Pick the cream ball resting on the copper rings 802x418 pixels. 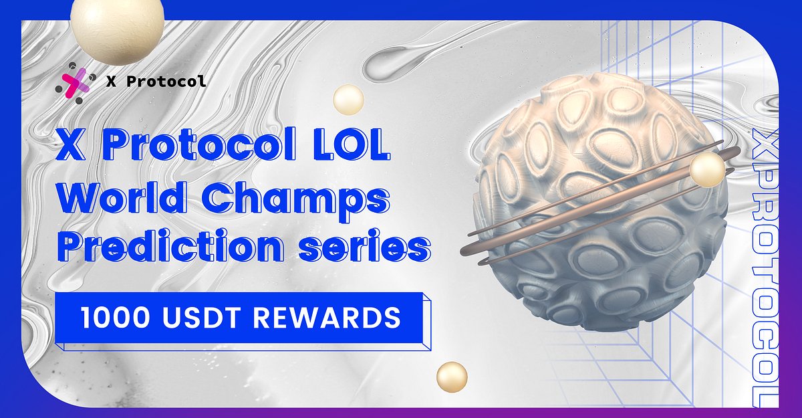pos(707,170)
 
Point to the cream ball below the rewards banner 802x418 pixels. pos(452,377)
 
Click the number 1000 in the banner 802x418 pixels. pos(109,318)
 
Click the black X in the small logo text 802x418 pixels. pos(110,82)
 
